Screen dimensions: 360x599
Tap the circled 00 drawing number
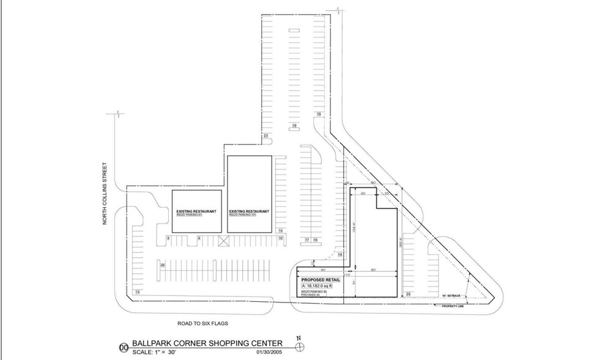125,347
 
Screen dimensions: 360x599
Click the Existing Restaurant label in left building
195,211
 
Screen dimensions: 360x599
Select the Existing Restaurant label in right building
250,211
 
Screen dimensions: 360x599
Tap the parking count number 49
162,265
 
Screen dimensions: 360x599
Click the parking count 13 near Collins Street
137,293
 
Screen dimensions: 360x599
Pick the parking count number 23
266,135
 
